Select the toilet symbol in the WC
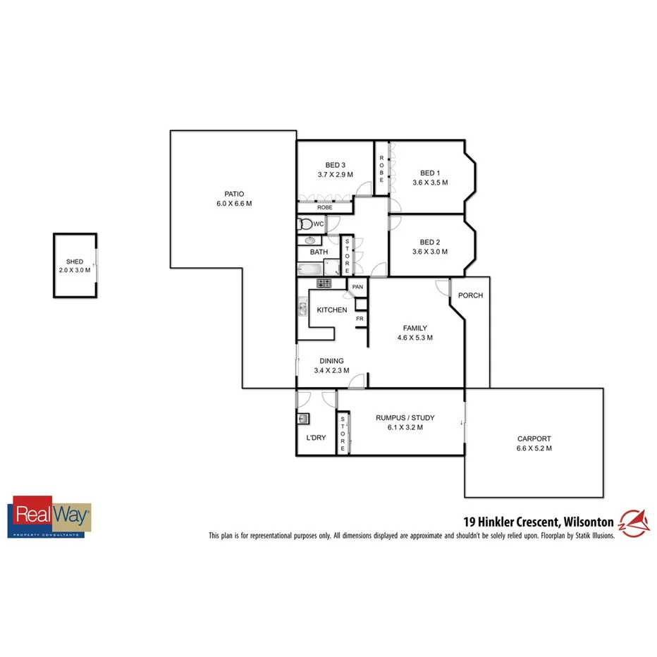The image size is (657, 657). [x=305, y=224]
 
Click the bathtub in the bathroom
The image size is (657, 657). [x=309, y=269]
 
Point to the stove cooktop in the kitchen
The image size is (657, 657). [x=324, y=283]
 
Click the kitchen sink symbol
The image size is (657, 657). [x=302, y=308]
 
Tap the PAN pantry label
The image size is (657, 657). [x=357, y=287]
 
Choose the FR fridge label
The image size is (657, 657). [x=359, y=319]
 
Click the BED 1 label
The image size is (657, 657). [x=430, y=173]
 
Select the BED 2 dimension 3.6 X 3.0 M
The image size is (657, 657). [x=430, y=252]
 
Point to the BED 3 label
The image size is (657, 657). [x=335, y=165]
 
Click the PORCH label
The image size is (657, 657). [x=470, y=295]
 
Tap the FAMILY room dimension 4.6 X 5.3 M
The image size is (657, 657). [x=415, y=338]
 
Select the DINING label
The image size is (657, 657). [x=331, y=361]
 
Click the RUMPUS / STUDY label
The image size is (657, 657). [x=405, y=418]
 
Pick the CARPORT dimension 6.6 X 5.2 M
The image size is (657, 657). [x=534, y=448]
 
